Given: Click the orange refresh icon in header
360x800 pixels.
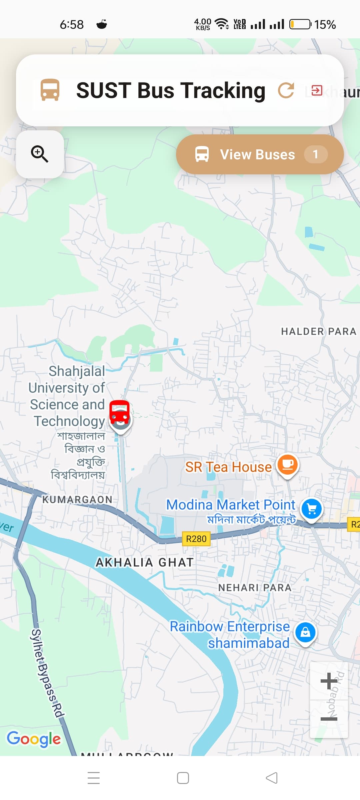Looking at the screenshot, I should point(286,90).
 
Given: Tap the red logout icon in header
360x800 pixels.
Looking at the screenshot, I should point(317,90).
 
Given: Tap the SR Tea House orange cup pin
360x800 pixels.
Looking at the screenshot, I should point(288,465).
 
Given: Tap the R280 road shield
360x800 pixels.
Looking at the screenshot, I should point(196,539).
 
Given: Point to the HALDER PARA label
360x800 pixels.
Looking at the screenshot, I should point(318,331).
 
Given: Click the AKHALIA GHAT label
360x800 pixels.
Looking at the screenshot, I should point(144,562).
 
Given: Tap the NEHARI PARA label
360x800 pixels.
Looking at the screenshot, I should point(255,587).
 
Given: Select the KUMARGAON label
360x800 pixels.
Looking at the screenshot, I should point(77,499).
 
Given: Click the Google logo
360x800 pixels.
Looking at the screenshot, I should point(34,739).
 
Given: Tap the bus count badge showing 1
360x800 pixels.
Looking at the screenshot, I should point(315,154).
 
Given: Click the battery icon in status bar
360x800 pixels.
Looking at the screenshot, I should point(300,24).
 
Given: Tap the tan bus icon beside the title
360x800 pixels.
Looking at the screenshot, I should point(50,90).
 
